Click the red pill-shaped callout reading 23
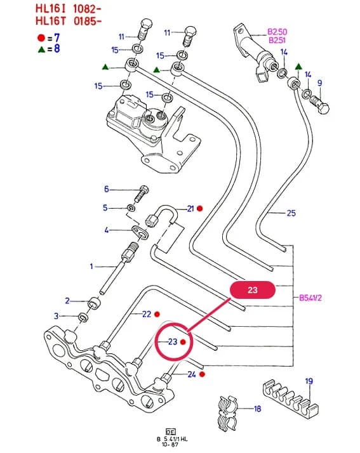pos(253,290)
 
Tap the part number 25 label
pos(291,213)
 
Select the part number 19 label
pos(309,381)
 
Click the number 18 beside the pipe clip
pos(257,409)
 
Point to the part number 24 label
pos(192,374)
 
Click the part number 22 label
pos(147,314)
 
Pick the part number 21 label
pos(190,208)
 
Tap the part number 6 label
pos(107,189)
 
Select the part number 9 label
pos(319,83)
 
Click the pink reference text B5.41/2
pos(310,298)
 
